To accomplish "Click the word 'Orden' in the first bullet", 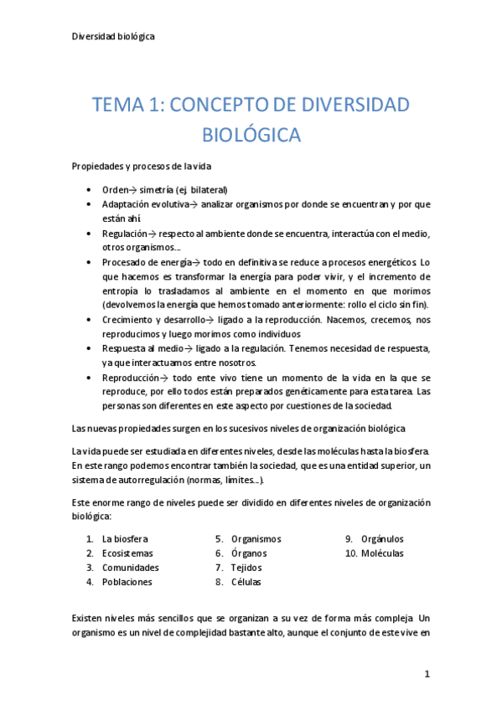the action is point(116,190).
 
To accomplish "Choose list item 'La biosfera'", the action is point(125,539).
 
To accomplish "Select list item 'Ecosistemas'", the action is point(127,553).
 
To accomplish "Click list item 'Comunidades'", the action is point(130,568).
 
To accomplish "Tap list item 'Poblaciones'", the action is point(127,582).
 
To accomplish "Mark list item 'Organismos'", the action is point(256,539).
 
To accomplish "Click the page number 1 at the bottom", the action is point(427,673).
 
